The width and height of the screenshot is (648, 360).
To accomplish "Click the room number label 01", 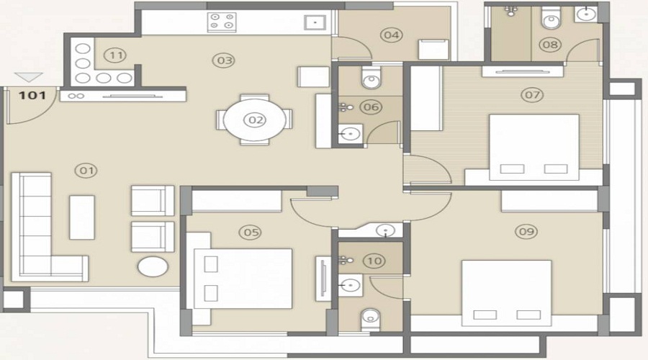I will [x=87, y=171].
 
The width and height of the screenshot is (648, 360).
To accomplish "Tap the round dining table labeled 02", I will [x=255, y=120].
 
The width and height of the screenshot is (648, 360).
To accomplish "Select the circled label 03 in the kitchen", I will [x=225, y=60].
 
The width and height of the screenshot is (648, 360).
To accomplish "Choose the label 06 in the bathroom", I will [x=372, y=107].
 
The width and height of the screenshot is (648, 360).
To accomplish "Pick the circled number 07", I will [x=532, y=94].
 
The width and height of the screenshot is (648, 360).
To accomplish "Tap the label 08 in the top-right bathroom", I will [x=550, y=45].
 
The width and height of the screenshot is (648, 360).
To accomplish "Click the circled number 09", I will [x=526, y=231].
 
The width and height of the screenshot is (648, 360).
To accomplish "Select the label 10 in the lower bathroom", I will [x=374, y=261].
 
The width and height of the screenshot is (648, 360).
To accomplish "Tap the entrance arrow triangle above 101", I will [x=27, y=77].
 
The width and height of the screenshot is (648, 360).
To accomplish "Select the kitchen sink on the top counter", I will [x=315, y=22].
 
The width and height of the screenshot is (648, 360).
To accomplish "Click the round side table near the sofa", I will [x=153, y=267].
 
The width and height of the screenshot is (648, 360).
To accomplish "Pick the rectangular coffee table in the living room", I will [x=81, y=217].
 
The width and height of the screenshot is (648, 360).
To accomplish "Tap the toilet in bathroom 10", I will [x=370, y=315].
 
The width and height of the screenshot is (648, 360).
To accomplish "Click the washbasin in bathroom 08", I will [x=587, y=14].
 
